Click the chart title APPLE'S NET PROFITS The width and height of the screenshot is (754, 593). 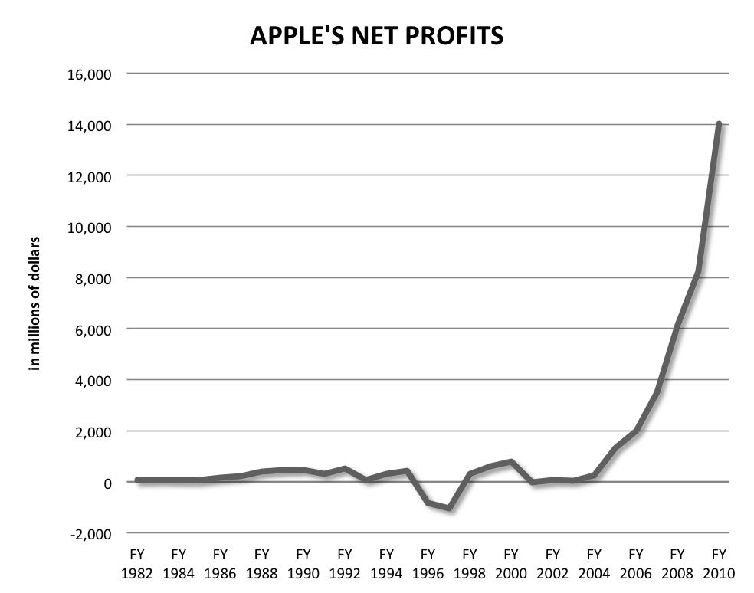(376, 36)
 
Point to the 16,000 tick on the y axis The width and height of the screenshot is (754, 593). (90, 74)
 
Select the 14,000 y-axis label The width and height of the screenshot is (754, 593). (90, 126)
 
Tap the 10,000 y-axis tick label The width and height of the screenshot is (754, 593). (90, 228)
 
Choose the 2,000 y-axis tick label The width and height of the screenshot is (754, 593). (94, 432)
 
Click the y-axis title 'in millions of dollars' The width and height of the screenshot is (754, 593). (34, 304)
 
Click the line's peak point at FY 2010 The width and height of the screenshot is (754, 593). (718, 125)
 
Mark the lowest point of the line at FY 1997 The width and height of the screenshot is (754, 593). (448, 508)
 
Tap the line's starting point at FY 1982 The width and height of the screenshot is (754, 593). (138, 480)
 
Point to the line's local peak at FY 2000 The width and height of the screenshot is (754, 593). (510, 462)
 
